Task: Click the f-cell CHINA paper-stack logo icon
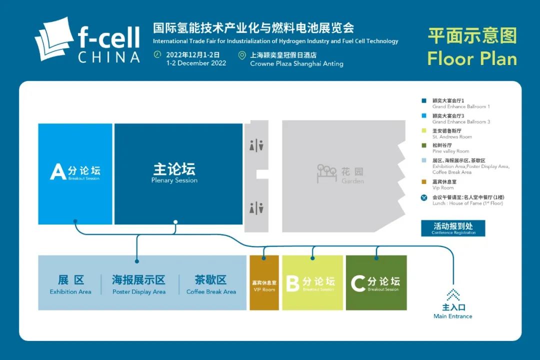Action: point(54,38)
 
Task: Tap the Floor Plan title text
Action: point(471,58)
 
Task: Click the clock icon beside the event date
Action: point(157,54)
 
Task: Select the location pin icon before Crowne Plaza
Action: point(242,55)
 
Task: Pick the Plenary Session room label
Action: point(174,172)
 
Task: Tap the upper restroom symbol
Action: point(256,145)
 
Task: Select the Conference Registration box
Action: point(453,228)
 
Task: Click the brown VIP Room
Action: point(263,283)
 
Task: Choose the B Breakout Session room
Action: point(312,283)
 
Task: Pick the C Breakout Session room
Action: point(376,283)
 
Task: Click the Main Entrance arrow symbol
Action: point(453,294)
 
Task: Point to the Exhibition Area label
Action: point(70,284)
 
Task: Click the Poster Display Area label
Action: point(138,284)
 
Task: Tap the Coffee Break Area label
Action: point(211,284)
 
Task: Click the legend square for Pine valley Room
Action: point(424,145)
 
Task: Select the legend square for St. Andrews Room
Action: point(424,131)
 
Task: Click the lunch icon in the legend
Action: point(424,198)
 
